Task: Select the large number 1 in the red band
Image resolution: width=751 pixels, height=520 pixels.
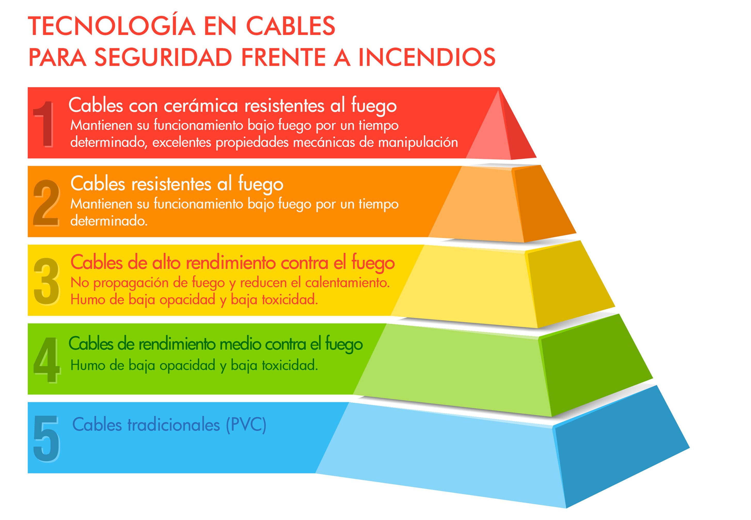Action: click(44, 124)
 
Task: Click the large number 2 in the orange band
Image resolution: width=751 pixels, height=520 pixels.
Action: click(46, 203)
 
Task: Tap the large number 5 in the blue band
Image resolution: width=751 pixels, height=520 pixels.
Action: click(46, 438)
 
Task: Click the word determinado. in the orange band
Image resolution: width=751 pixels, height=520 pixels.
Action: click(109, 221)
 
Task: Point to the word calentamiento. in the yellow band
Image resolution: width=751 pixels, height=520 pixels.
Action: click(347, 282)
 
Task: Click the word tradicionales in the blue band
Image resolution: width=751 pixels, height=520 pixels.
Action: click(173, 425)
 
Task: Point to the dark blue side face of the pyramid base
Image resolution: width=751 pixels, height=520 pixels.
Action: click(613, 453)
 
